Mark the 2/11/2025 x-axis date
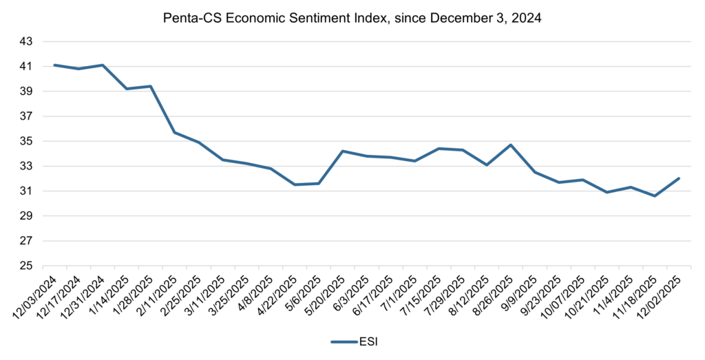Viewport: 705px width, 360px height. point(162,296)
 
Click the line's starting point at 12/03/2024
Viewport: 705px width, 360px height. point(54,65)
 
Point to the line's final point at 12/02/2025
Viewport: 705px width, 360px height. point(679,178)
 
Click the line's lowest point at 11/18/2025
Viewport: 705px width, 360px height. point(655,195)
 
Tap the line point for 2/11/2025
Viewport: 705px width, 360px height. point(175,132)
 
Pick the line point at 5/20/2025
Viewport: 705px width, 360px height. point(343,151)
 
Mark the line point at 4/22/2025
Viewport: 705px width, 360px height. point(295,184)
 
